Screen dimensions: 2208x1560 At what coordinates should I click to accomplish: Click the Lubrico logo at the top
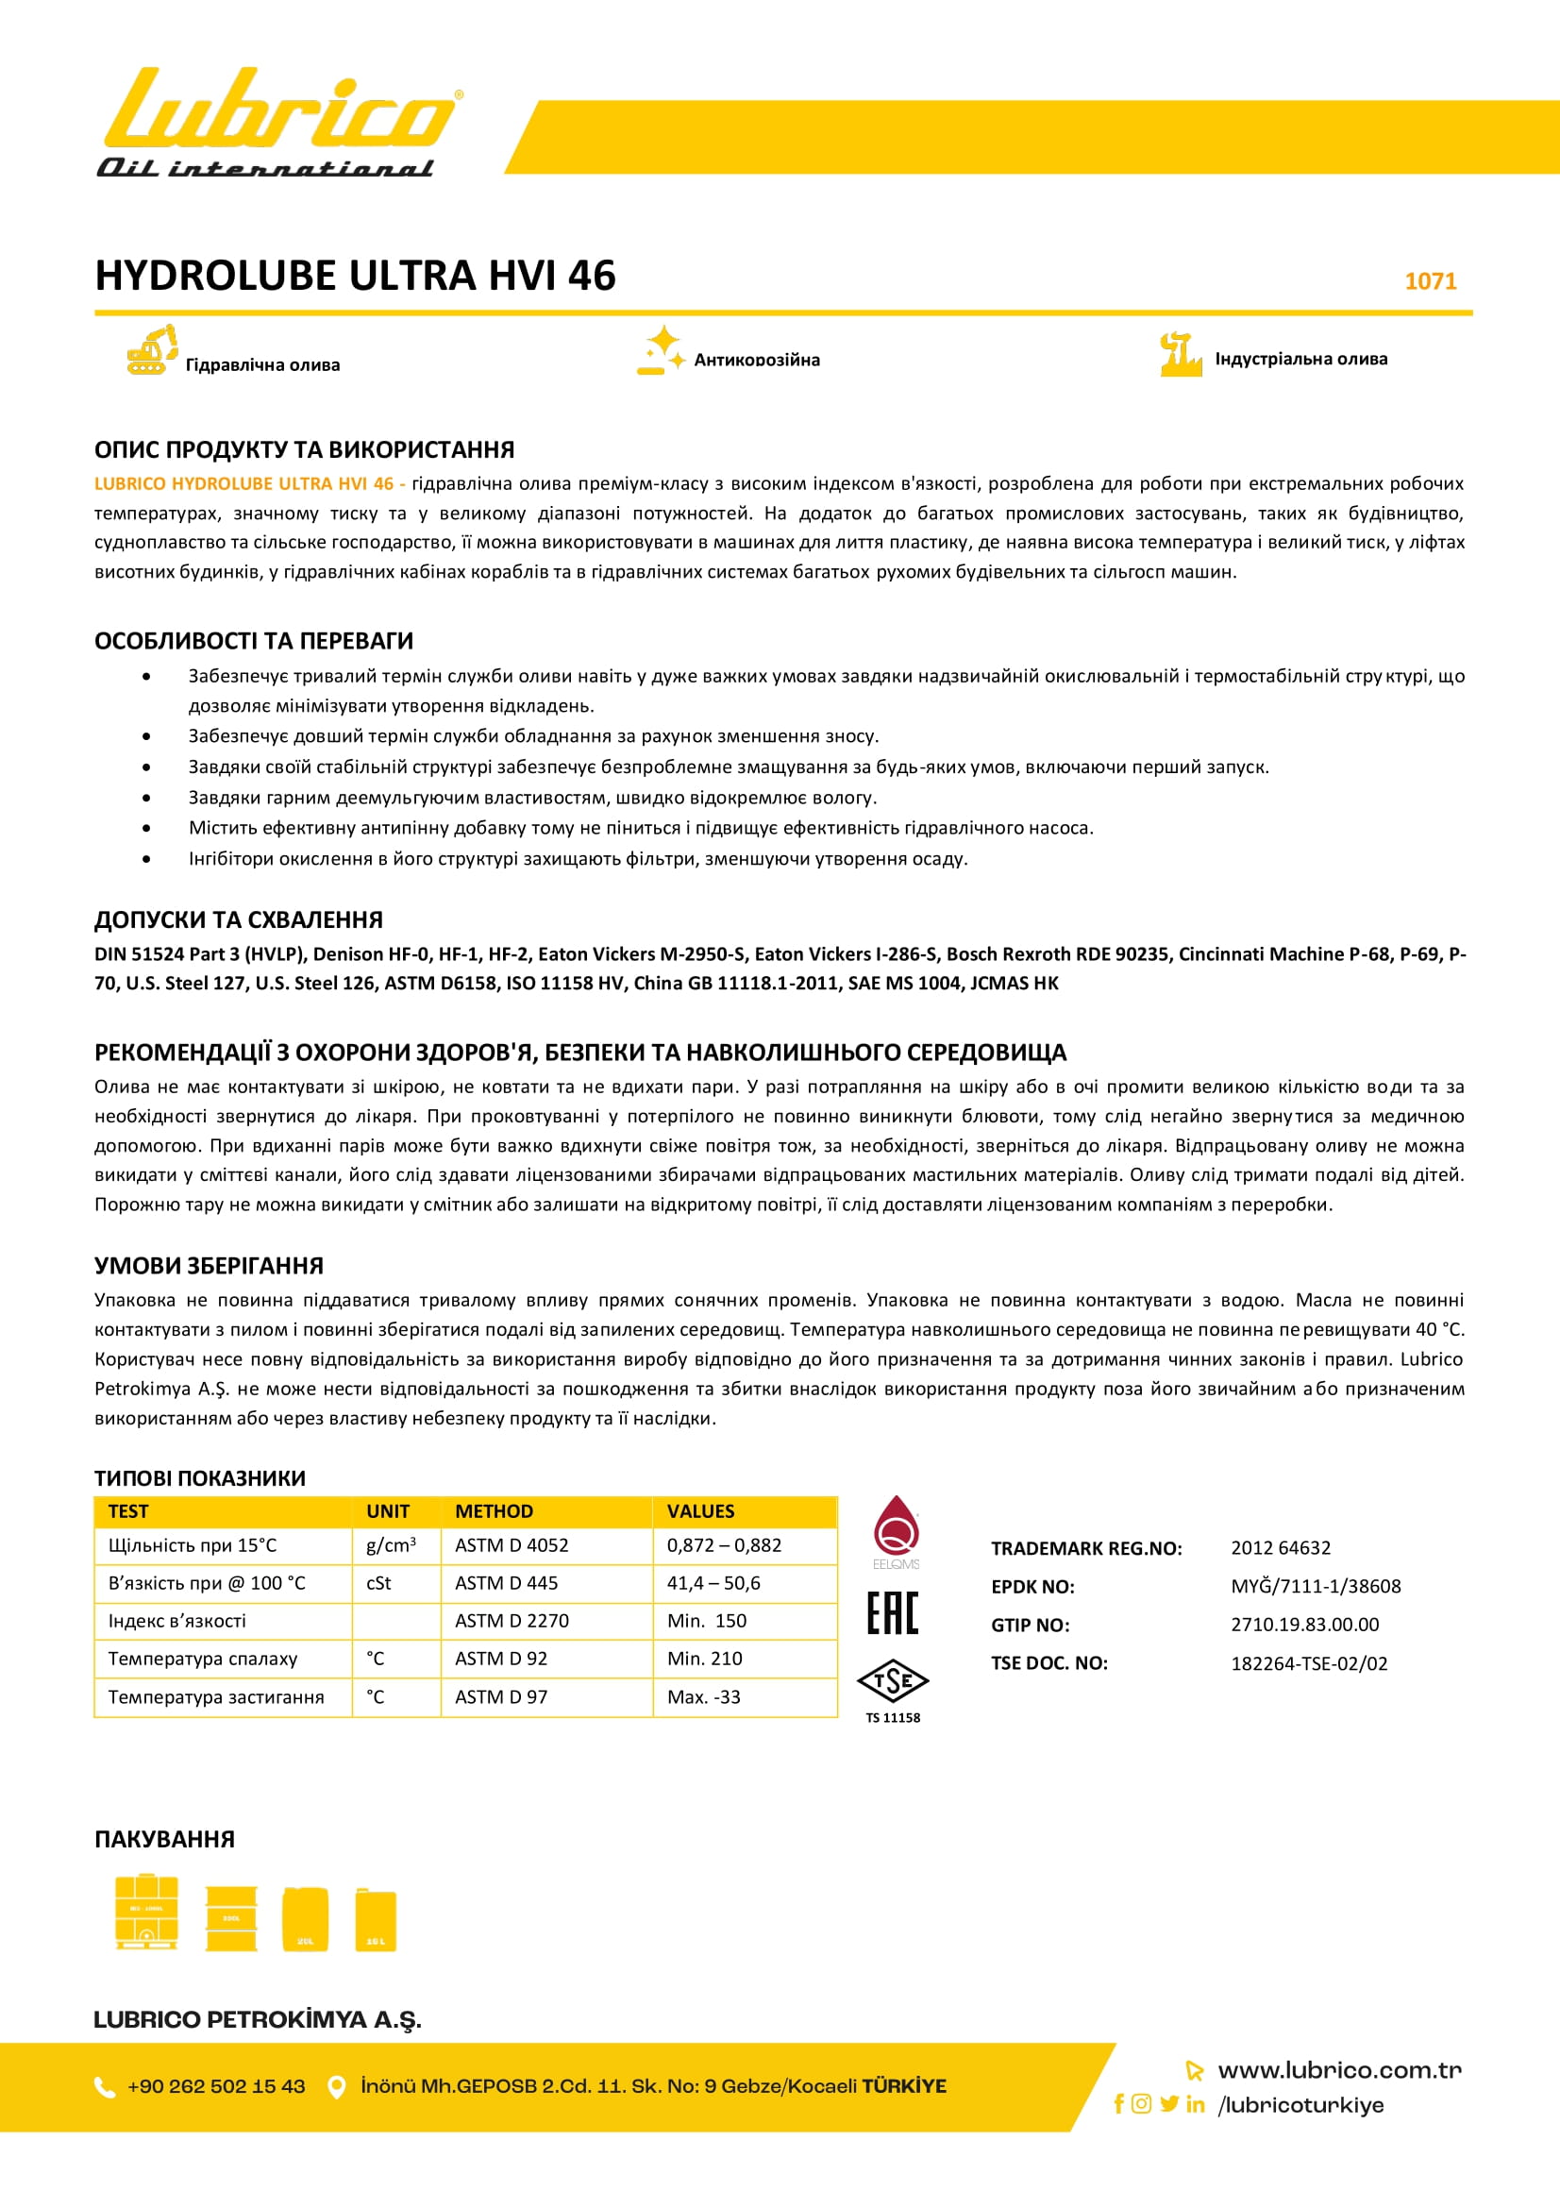pyautogui.click(x=278, y=122)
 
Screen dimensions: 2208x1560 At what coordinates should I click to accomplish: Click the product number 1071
pyautogui.click(x=1431, y=280)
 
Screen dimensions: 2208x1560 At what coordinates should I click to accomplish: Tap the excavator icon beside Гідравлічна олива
pyautogui.click(x=152, y=349)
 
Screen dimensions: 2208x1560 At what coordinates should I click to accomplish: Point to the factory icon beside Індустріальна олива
pyautogui.click(x=1181, y=354)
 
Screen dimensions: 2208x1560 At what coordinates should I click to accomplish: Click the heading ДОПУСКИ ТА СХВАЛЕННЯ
pyautogui.click(x=239, y=919)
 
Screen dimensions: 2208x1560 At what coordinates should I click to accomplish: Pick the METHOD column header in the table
pyautogui.click(x=495, y=1510)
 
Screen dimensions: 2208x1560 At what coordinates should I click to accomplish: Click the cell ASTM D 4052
pyautogui.click(x=512, y=1545)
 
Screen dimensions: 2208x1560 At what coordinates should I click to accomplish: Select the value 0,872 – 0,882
pyautogui.click(x=724, y=1545)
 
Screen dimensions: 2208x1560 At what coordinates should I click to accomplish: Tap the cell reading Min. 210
pyautogui.click(x=705, y=1658)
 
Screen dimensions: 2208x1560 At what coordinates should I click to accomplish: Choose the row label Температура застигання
pyautogui.click(x=216, y=1696)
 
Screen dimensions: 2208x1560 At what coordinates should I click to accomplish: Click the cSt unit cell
pyautogui.click(x=378, y=1583)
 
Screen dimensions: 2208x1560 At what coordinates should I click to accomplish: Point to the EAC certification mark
pyautogui.click(x=893, y=1612)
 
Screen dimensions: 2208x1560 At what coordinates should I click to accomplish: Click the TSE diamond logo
pyautogui.click(x=893, y=1681)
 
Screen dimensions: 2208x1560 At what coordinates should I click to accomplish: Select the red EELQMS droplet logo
pyautogui.click(x=896, y=1527)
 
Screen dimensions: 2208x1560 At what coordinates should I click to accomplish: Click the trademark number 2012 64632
pyautogui.click(x=1281, y=1547)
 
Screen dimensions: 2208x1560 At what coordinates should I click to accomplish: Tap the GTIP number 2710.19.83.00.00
pyautogui.click(x=1304, y=1625)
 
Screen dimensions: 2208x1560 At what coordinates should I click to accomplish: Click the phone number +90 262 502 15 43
pyautogui.click(x=216, y=2086)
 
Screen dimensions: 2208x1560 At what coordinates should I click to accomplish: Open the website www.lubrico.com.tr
pyautogui.click(x=1339, y=2069)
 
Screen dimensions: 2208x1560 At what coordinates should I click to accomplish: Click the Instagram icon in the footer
pyautogui.click(x=1141, y=2103)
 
